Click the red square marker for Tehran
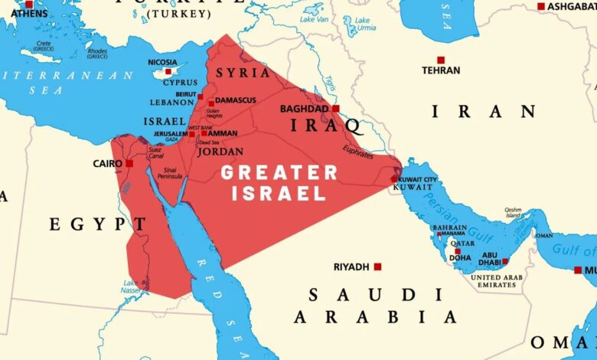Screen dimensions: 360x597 [x=441, y=60]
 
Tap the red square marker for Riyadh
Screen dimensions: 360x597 [x=377, y=267]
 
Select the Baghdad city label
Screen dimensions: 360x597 [x=303, y=109]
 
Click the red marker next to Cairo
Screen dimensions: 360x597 [x=129, y=163]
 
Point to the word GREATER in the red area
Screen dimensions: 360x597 [x=279, y=173]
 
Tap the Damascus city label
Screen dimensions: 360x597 [x=236, y=100]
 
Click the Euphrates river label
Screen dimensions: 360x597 [x=357, y=152]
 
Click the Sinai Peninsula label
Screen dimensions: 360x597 [x=169, y=172]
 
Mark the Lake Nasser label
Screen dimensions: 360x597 [x=131, y=286]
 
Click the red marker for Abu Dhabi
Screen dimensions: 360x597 [x=505, y=261]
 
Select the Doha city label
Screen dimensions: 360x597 [x=460, y=258]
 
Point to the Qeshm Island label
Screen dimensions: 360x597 [x=513, y=212]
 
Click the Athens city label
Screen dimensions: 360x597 [x=29, y=13]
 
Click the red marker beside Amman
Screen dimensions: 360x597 [x=204, y=133]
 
